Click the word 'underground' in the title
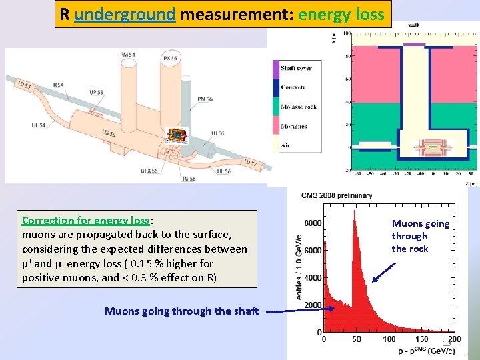click(x=125, y=14)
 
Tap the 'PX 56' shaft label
click(x=171, y=59)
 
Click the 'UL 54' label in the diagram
click(x=38, y=125)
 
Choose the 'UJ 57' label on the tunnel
click(x=251, y=163)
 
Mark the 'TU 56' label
click(x=189, y=178)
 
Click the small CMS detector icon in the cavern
click(x=177, y=135)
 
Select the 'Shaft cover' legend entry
click(x=296, y=68)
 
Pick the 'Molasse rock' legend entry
click(x=298, y=107)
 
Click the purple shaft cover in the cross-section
click(x=414, y=45)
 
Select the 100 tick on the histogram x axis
click(x=389, y=339)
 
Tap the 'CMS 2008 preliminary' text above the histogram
click(x=336, y=195)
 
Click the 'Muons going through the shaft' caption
click(x=181, y=311)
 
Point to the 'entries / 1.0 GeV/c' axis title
click(x=299, y=267)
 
